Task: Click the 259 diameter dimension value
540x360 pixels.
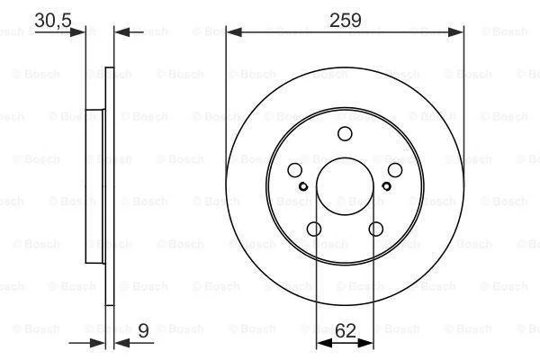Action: pos(346,21)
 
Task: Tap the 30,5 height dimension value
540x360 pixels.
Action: pos(53,21)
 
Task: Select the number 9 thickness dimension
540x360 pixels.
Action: pos(143,330)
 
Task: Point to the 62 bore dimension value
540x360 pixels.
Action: pos(345,331)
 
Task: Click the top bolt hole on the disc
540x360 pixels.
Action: pos(345,134)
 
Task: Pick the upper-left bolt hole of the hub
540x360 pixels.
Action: pos(295,170)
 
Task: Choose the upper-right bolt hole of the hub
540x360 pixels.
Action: pos(395,170)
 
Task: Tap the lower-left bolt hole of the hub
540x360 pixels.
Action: pos(314,229)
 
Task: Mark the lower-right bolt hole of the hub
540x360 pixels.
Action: pos(375,229)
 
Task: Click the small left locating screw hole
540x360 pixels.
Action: pos(303,186)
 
